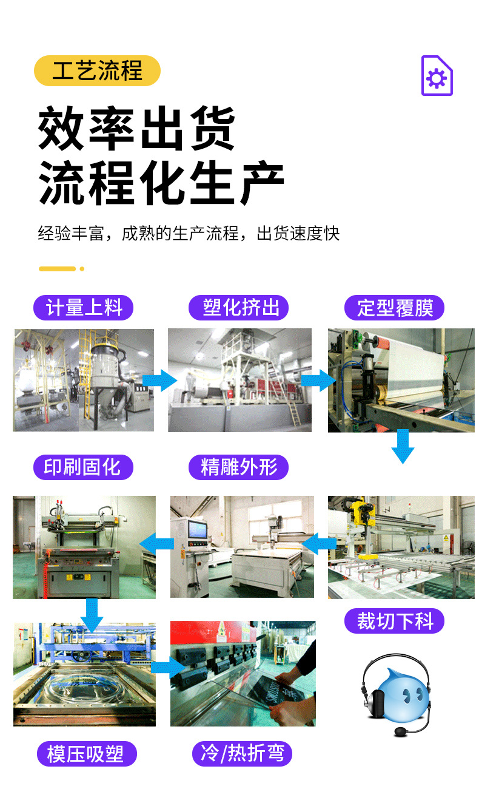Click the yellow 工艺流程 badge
[x=97, y=71]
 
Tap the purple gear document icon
[x=437, y=76]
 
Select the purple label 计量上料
[x=84, y=308]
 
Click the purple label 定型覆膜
[x=395, y=308]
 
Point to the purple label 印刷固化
[x=82, y=467]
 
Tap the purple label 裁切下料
[x=395, y=622]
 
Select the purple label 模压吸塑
[x=85, y=754]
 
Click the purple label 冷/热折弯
[x=242, y=754]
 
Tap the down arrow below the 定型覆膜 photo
[x=403, y=447]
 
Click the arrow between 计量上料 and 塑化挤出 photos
[x=160, y=381]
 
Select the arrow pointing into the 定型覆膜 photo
[x=318, y=381]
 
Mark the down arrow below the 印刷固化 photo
[x=92, y=614]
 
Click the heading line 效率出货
[x=137, y=129]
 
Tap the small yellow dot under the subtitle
[x=82, y=269]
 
